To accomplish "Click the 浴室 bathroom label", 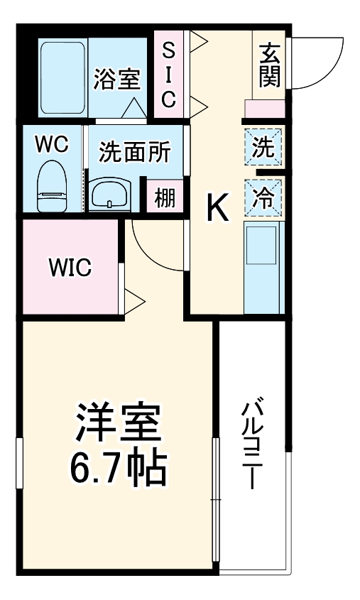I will point(116,80).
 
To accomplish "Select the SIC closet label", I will point(168,75).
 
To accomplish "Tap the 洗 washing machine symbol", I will point(263,148).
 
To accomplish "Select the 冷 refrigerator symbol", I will point(263,196).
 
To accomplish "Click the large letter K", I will point(217,207).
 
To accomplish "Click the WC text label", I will point(51,145).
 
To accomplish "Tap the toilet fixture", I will point(51,186).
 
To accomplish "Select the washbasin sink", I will point(111,192).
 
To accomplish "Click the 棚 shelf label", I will point(165,197).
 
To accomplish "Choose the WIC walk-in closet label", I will point(70,268).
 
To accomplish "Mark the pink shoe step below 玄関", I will point(264,108).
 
